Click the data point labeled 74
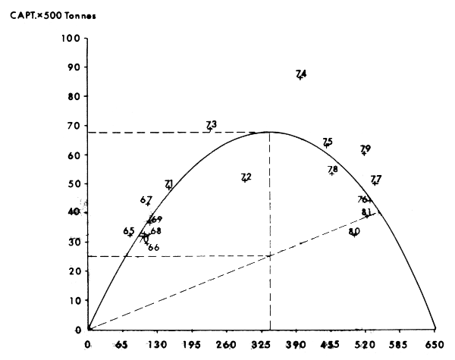pos(300,77)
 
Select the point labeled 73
pos(210,129)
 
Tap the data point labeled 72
pos(244,180)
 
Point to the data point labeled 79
pos(364,153)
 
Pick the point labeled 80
pos(353,236)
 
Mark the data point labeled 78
pos(331,174)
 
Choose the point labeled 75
pos(327,146)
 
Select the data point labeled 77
pos(375,183)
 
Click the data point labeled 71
pos(168,187)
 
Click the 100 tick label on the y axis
pos(70,39)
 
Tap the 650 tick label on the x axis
pos(435,345)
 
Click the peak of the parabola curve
pos(269,132)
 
